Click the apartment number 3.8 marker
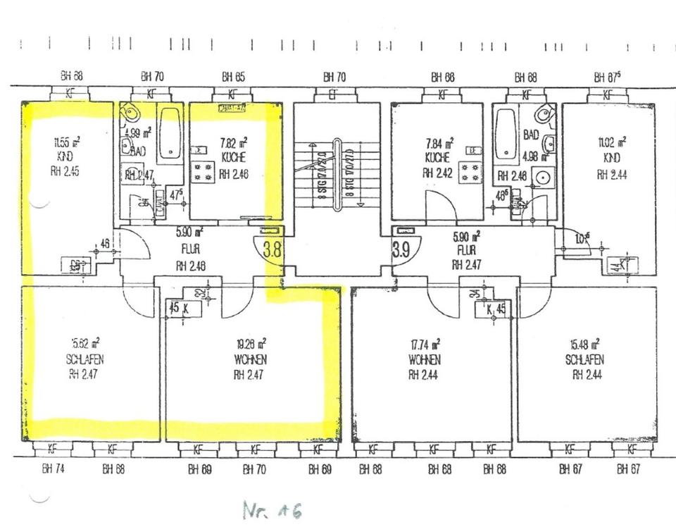pyautogui.click(x=273, y=248)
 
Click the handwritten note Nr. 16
pyautogui.click(x=271, y=510)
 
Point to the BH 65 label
pyautogui.click(x=233, y=77)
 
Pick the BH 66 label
pyautogui.click(x=443, y=77)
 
